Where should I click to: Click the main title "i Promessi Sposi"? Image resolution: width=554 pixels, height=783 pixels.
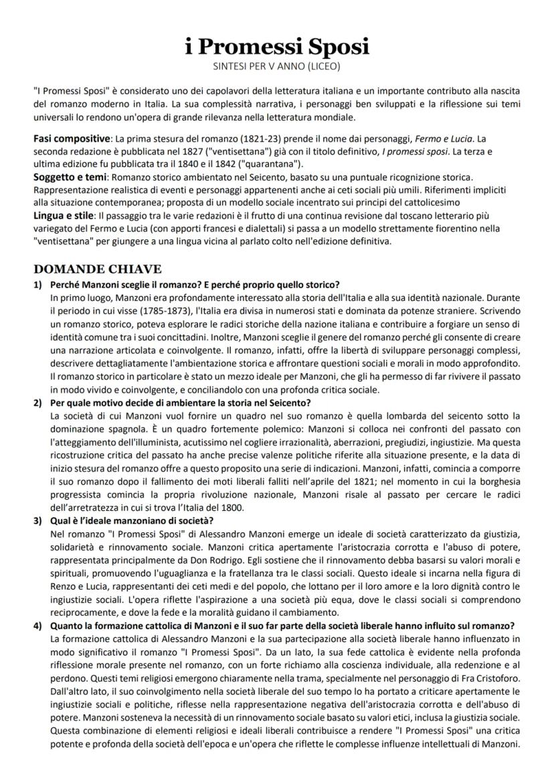[277, 46]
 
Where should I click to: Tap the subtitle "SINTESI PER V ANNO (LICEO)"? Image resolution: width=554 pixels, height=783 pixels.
[277, 67]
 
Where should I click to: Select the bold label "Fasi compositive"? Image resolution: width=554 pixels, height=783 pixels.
[72, 138]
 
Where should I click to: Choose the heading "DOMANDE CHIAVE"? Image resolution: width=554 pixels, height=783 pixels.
[97, 269]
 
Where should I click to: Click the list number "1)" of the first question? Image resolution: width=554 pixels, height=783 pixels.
[38, 284]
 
